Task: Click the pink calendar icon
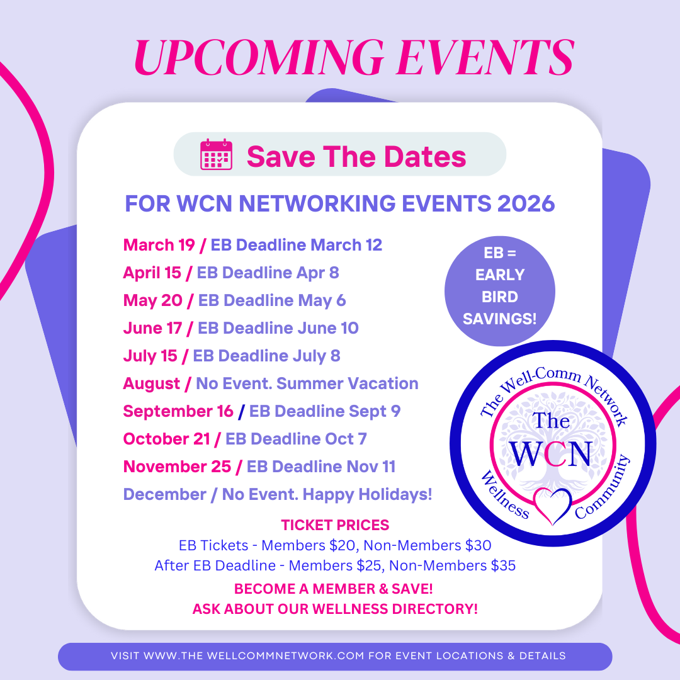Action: coord(216,154)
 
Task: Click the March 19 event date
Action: coord(159,245)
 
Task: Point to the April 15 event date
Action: coord(152,273)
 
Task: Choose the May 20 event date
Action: coord(152,300)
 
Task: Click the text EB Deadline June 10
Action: coord(278,328)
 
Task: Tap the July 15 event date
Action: coord(150,356)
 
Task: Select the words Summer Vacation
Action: coord(348,383)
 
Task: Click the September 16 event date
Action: coord(178,411)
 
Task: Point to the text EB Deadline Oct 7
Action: coord(296,439)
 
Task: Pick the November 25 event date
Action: coord(177,467)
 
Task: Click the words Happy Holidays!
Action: coord(367,494)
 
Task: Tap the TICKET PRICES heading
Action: coord(335,525)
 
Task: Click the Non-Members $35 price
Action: coord(452,565)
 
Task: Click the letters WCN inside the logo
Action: coord(551,453)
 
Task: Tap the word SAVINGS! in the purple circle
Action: coord(499,319)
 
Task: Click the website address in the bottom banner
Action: coord(254,655)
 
